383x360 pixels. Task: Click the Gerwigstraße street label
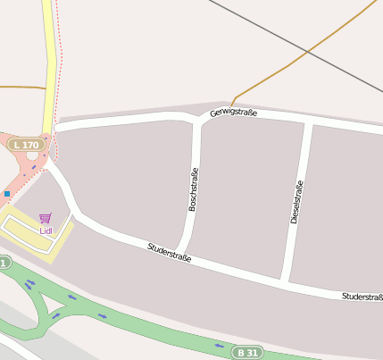click(x=234, y=113)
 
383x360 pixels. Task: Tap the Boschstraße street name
click(x=193, y=188)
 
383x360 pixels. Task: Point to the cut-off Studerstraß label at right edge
click(x=362, y=296)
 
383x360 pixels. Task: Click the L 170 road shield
click(x=27, y=145)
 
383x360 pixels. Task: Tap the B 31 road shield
click(x=247, y=352)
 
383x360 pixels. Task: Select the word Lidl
click(x=46, y=230)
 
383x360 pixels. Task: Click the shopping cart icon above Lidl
click(x=46, y=218)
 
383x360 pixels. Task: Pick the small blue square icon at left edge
click(x=7, y=193)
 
